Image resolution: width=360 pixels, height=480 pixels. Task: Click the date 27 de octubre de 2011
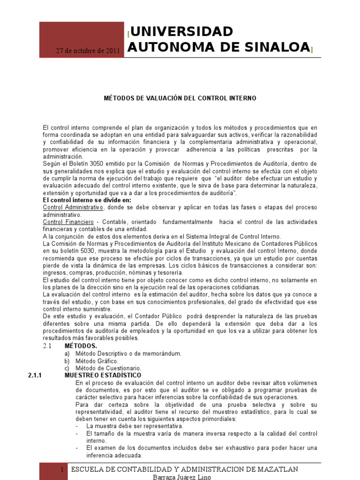88,51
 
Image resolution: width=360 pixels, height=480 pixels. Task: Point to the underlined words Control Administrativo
73,207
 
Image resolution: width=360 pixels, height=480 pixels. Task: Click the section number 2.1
47,346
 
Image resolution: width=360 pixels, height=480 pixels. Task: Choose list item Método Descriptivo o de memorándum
127,353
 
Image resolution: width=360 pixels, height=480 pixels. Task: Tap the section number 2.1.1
36,375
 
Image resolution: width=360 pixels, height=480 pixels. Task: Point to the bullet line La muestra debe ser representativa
135,426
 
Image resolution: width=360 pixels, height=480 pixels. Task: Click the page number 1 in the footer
61,470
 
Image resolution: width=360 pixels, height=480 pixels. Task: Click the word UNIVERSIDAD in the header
182,32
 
